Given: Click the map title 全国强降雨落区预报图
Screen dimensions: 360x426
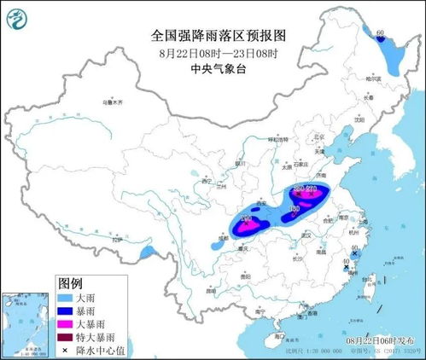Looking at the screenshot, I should click(x=213, y=36).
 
